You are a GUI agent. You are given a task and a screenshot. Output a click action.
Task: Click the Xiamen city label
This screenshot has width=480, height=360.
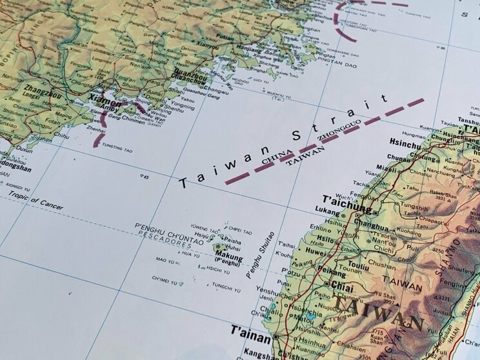[105, 101]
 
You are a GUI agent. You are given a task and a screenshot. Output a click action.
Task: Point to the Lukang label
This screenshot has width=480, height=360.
[327, 210]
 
